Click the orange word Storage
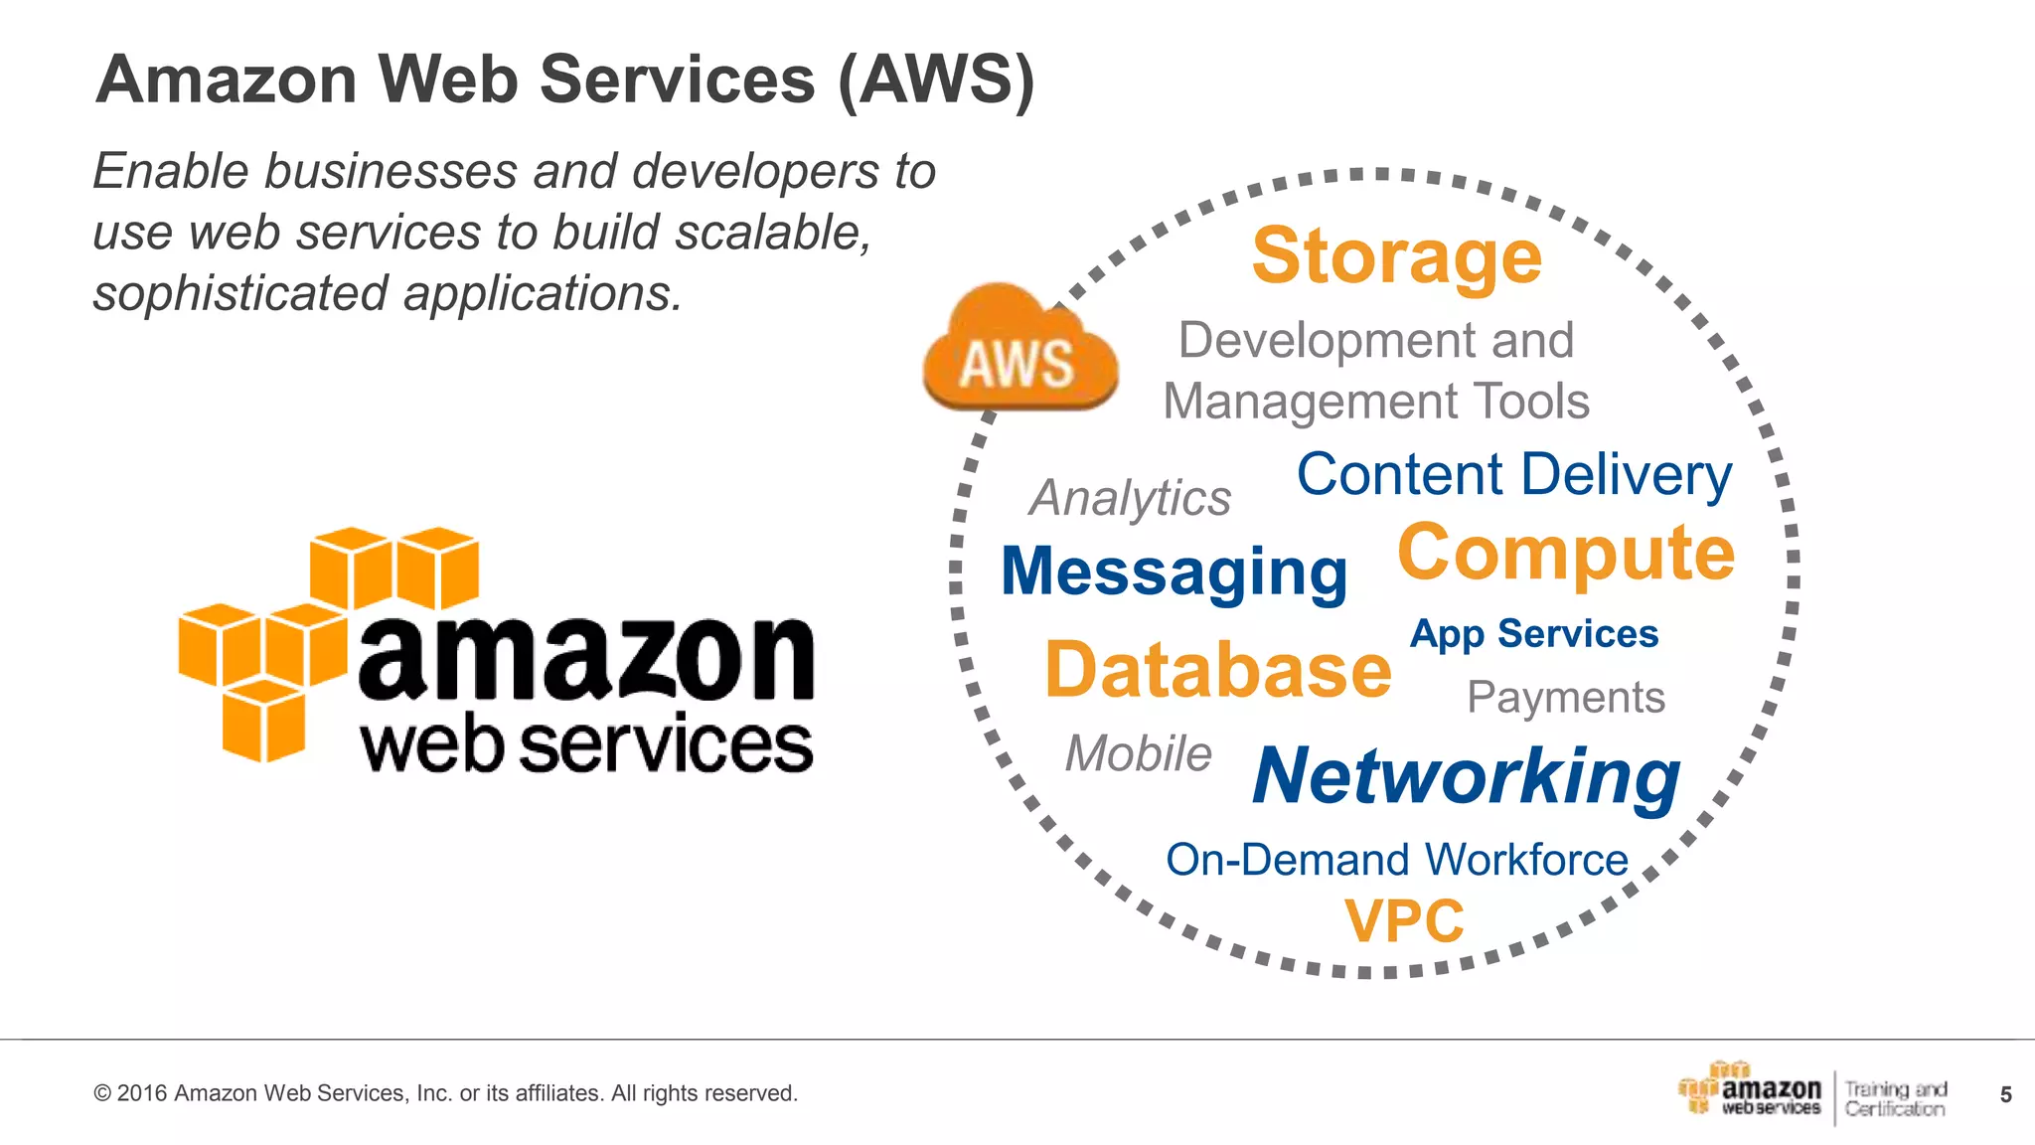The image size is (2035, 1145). pyautogui.click(x=1396, y=256)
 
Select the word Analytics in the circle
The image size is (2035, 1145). pyautogui.click(x=1130, y=498)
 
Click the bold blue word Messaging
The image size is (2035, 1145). pyautogui.click(x=1174, y=572)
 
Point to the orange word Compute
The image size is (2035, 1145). pyautogui.click(x=1566, y=553)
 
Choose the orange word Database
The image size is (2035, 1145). pyautogui.click(x=1218, y=671)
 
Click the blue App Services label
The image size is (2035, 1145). pyautogui.click(x=1534, y=634)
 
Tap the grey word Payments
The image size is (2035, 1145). pyautogui.click(x=1566, y=697)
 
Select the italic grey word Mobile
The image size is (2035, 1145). pyautogui.click(x=1139, y=753)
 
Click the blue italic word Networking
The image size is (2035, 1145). pyautogui.click(x=1467, y=776)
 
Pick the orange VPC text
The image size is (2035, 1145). pyautogui.click(x=1404, y=921)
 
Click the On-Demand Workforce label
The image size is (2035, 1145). pyautogui.click(x=1397, y=860)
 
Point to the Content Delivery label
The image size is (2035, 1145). pyautogui.click(x=1514, y=474)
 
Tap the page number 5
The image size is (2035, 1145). pyautogui.click(x=2005, y=1095)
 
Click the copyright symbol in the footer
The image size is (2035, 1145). pyautogui.click(x=101, y=1094)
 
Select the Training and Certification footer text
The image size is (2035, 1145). pyautogui.click(x=1895, y=1099)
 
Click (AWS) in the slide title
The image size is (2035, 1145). pyautogui.click(x=936, y=80)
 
